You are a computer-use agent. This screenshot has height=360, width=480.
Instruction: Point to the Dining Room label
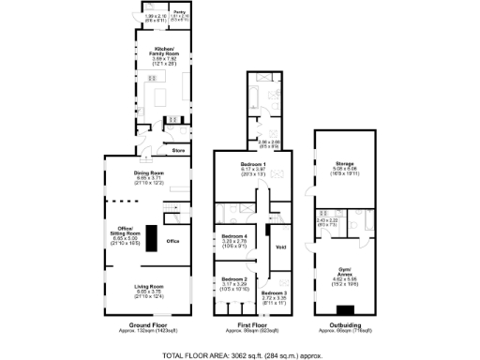pos(150,172)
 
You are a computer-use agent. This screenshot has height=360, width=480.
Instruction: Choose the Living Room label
pos(150,286)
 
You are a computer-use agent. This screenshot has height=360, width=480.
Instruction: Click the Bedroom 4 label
pos(232,235)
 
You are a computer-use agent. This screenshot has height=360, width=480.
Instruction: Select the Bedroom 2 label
pos(232,279)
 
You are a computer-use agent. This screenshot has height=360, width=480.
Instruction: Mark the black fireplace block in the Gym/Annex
pos(346,310)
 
